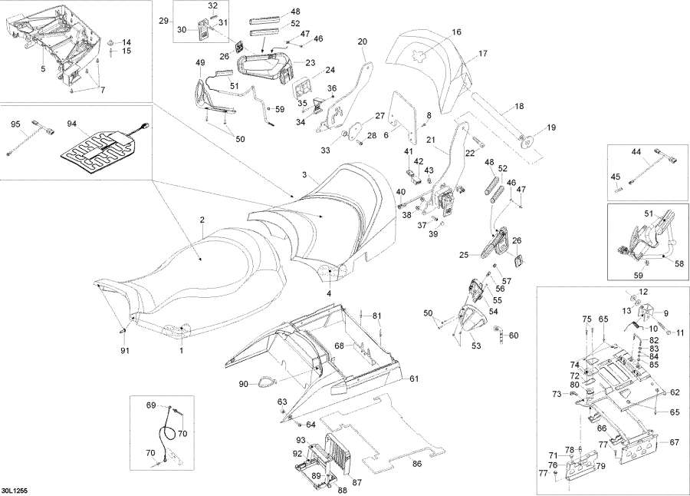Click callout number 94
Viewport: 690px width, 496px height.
click(73, 123)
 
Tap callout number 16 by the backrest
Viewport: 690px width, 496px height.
click(456, 32)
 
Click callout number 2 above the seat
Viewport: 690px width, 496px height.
click(202, 220)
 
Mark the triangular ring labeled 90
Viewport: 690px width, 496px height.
click(264, 379)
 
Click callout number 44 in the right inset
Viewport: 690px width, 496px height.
click(636, 152)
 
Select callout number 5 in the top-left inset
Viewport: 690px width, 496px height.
click(43, 68)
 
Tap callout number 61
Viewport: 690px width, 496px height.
click(414, 379)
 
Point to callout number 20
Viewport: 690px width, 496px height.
click(363, 41)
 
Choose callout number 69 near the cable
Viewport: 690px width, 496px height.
click(151, 405)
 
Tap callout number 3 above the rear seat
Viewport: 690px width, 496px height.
click(304, 176)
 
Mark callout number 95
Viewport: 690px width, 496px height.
click(15, 123)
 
